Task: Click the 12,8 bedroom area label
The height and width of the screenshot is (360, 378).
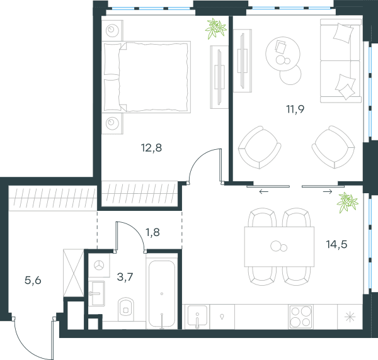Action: coord(151,148)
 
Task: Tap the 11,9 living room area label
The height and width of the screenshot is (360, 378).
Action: coord(295,109)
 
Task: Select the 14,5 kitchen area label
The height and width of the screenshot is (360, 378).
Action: coord(336,244)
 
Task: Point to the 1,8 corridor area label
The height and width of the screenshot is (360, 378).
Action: coord(152,232)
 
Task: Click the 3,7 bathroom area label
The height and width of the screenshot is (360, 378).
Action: coord(125,277)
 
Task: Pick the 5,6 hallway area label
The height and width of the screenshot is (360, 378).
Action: coord(33,280)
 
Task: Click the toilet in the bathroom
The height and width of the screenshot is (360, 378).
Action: coord(126,309)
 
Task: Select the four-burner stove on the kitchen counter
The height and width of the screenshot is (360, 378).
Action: coord(301,317)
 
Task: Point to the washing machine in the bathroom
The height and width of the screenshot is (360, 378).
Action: coord(99,265)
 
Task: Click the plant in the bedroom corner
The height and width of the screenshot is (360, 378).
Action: coord(215,28)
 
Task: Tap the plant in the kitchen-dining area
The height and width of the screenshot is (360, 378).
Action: coord(347,203)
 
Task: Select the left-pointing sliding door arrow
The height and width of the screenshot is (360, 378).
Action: coord(263,192)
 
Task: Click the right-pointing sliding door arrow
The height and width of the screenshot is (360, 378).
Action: coord(328,192)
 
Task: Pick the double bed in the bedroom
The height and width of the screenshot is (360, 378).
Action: coord(146,77)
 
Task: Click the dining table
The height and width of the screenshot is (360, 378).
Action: coord(279,247)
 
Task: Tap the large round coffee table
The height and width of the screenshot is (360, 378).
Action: coord(283,53)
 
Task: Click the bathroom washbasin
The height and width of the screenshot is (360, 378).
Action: coord(96,293)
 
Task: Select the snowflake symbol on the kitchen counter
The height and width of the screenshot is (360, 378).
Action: coord(350,317)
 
